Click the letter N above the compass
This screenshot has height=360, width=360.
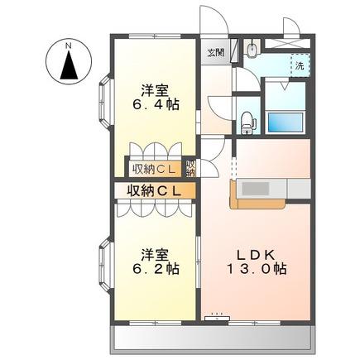[68, 46]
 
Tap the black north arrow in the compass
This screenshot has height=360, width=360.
[69, 65]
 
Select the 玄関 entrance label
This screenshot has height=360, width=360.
[216, 52]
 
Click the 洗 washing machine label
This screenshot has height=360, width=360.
[300, 65]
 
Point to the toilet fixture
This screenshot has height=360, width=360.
[247, 122]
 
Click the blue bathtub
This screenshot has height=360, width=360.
[286, 122]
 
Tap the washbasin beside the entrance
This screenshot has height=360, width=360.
[252, 50]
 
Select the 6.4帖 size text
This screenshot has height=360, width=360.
[156, 105]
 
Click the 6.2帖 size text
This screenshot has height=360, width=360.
[156, 268]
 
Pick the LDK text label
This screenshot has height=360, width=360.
[257, 255]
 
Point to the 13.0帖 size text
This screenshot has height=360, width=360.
[257, 268]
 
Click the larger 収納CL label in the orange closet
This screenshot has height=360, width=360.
[154, 190]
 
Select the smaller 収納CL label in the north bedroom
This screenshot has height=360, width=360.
[154, 169]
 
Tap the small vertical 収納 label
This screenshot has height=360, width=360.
[190, 168]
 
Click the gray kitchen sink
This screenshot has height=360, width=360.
[255, 189]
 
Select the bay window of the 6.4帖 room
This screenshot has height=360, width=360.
[105, 101]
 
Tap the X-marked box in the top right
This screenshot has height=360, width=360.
[286, 44]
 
